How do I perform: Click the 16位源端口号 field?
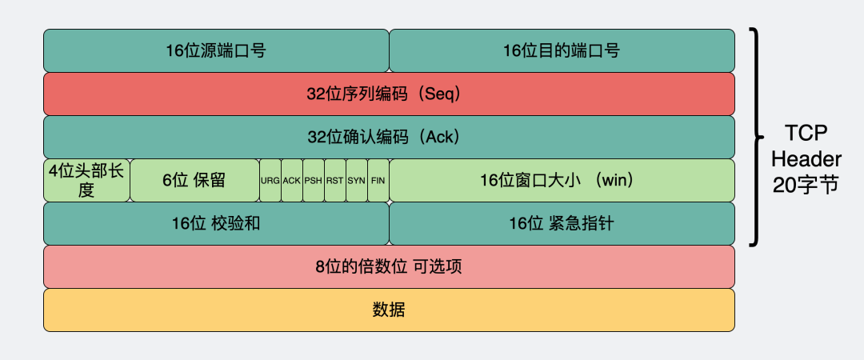216,50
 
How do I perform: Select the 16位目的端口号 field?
562,50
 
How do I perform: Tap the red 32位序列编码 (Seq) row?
389,94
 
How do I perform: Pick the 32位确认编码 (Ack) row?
389,137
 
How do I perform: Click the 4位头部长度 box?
86,180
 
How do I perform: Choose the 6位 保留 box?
194,180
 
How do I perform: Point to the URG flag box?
270,180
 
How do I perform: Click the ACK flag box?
292,180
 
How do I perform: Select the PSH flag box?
314,180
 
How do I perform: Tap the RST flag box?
335,180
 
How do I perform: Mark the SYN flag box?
357,180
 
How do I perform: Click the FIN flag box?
378,180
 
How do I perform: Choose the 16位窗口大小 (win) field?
562,180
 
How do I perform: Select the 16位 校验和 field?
216,223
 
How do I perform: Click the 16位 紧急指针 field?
562,223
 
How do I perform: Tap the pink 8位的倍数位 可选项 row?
389,266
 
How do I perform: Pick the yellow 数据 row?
389,310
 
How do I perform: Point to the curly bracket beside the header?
755,137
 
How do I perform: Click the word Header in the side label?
806,159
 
